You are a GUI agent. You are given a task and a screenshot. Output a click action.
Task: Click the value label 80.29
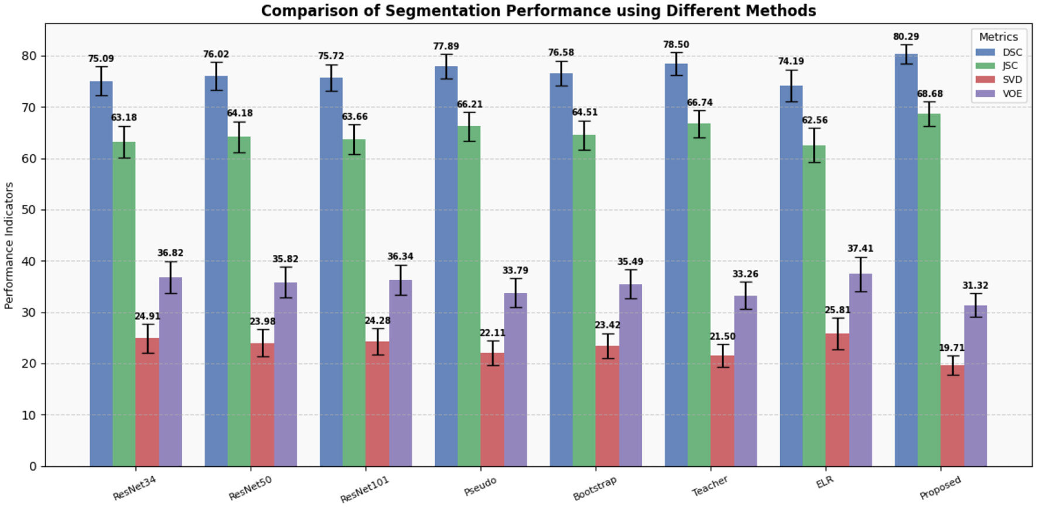click(906, 37)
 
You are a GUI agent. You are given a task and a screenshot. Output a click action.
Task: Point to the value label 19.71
click(951, 348)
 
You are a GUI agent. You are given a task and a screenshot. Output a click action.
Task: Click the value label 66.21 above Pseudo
click(469, 104)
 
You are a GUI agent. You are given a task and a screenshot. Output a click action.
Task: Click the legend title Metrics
click(998, 37)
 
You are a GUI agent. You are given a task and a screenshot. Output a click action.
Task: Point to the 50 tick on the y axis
click(29, 210)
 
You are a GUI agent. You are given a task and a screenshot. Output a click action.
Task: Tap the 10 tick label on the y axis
click(29, 415)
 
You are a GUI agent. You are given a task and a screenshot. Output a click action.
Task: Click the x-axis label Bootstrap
click(595, 489)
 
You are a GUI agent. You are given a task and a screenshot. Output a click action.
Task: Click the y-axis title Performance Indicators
click(9, 245)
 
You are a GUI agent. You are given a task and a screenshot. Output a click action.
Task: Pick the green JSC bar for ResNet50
click(239, 302)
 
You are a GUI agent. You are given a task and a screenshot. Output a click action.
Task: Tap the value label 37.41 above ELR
click(860, 249)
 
